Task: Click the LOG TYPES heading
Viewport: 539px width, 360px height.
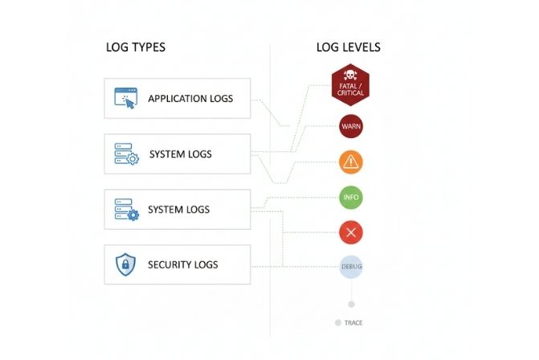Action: [136, 47]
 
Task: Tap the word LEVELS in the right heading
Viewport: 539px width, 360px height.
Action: [362, 47]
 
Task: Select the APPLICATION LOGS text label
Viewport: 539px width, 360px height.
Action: [190, 99]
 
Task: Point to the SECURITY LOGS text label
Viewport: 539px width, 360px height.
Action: [182, 264]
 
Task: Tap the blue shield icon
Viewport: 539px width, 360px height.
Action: [126, 264]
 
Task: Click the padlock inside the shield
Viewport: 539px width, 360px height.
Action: [126, 264]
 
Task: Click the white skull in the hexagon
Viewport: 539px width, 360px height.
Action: [351, 76]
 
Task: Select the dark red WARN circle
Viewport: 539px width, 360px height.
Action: [351, 127]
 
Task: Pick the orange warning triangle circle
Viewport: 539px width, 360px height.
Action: [351, 162]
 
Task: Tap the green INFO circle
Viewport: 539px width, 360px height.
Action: [351, 197]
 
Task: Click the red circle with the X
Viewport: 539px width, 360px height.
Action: [351, 233]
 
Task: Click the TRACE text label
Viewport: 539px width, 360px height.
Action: [353, 323]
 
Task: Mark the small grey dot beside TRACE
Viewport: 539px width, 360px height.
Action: [337, 323]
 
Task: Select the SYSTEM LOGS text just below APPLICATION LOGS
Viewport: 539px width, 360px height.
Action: [181, 153]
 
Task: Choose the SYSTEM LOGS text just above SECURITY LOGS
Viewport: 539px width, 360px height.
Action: [179, 210]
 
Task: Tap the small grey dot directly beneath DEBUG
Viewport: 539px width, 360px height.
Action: [351, 304]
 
